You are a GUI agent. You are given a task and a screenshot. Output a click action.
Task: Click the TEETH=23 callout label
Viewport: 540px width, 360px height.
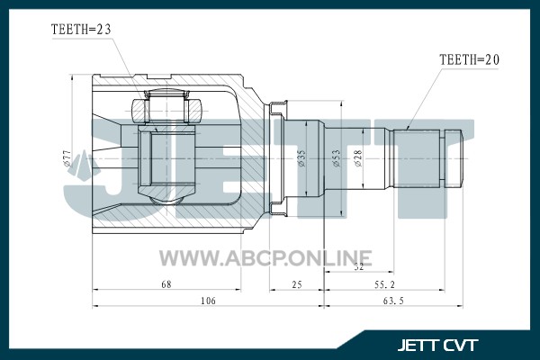pos(81,30)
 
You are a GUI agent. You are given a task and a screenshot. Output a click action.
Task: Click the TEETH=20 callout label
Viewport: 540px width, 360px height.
pos(469,60)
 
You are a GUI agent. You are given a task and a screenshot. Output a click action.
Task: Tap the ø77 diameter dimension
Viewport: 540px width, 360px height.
pos(67,158)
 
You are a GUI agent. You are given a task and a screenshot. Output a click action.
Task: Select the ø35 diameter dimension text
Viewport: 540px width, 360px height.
pos(301,158)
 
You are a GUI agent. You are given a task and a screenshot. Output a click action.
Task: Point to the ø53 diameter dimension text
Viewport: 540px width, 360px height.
pos(337,158)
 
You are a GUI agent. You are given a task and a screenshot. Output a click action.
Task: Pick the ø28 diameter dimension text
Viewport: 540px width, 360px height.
pos(358,158)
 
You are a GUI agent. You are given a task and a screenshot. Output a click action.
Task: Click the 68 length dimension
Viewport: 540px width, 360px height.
pos(166,284)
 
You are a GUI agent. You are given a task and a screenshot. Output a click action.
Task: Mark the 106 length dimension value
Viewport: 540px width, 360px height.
pos(208,301)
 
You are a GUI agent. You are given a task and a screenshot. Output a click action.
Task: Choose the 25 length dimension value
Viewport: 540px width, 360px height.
pos(297,284)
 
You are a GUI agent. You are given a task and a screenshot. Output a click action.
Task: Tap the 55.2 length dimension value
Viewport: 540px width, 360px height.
pos(384,284)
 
